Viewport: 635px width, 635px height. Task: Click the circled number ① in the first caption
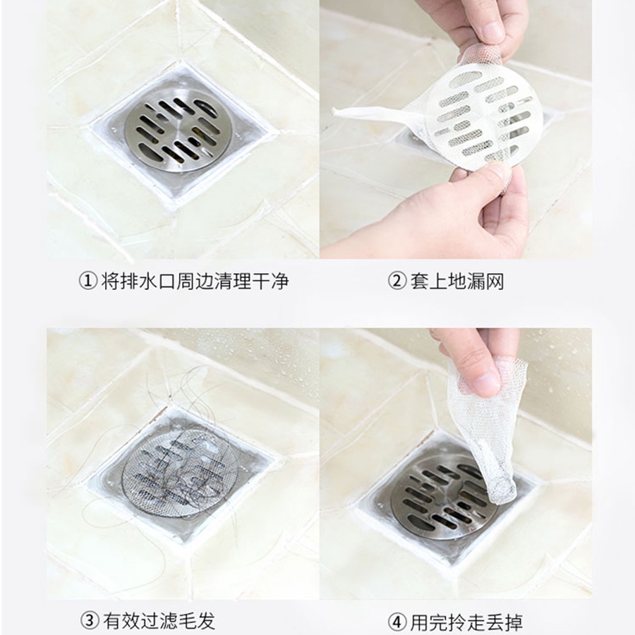87,281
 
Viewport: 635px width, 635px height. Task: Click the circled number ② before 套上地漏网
397,281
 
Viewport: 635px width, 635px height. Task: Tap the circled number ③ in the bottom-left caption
90,620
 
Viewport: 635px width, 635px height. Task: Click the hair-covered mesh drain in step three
179,474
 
